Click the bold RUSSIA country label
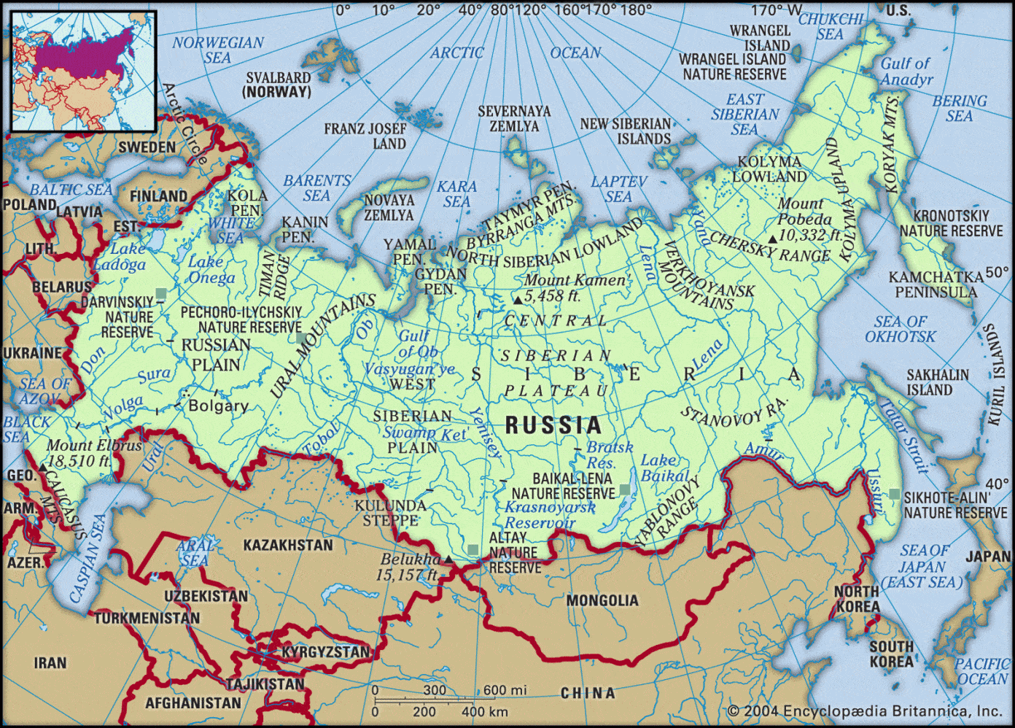[553, 425]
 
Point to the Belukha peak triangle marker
[448, 559]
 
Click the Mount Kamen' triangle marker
[517, 300]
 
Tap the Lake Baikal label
[664, 468]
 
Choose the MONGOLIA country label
[602, 600]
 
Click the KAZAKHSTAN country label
[287, 545]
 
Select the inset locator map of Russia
[82, 71]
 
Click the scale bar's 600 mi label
[505, 690]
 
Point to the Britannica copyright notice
[864, 710]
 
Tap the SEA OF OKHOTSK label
[901, 329]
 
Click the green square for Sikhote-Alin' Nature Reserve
[895, 494]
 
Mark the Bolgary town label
[219, 406]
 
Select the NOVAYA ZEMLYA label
[389, 208]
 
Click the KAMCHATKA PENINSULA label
[936, 284]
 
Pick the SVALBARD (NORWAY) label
[278, 85]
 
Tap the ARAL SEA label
[195, 552]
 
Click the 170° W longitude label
[776, 10]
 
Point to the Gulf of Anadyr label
[906, 71]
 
